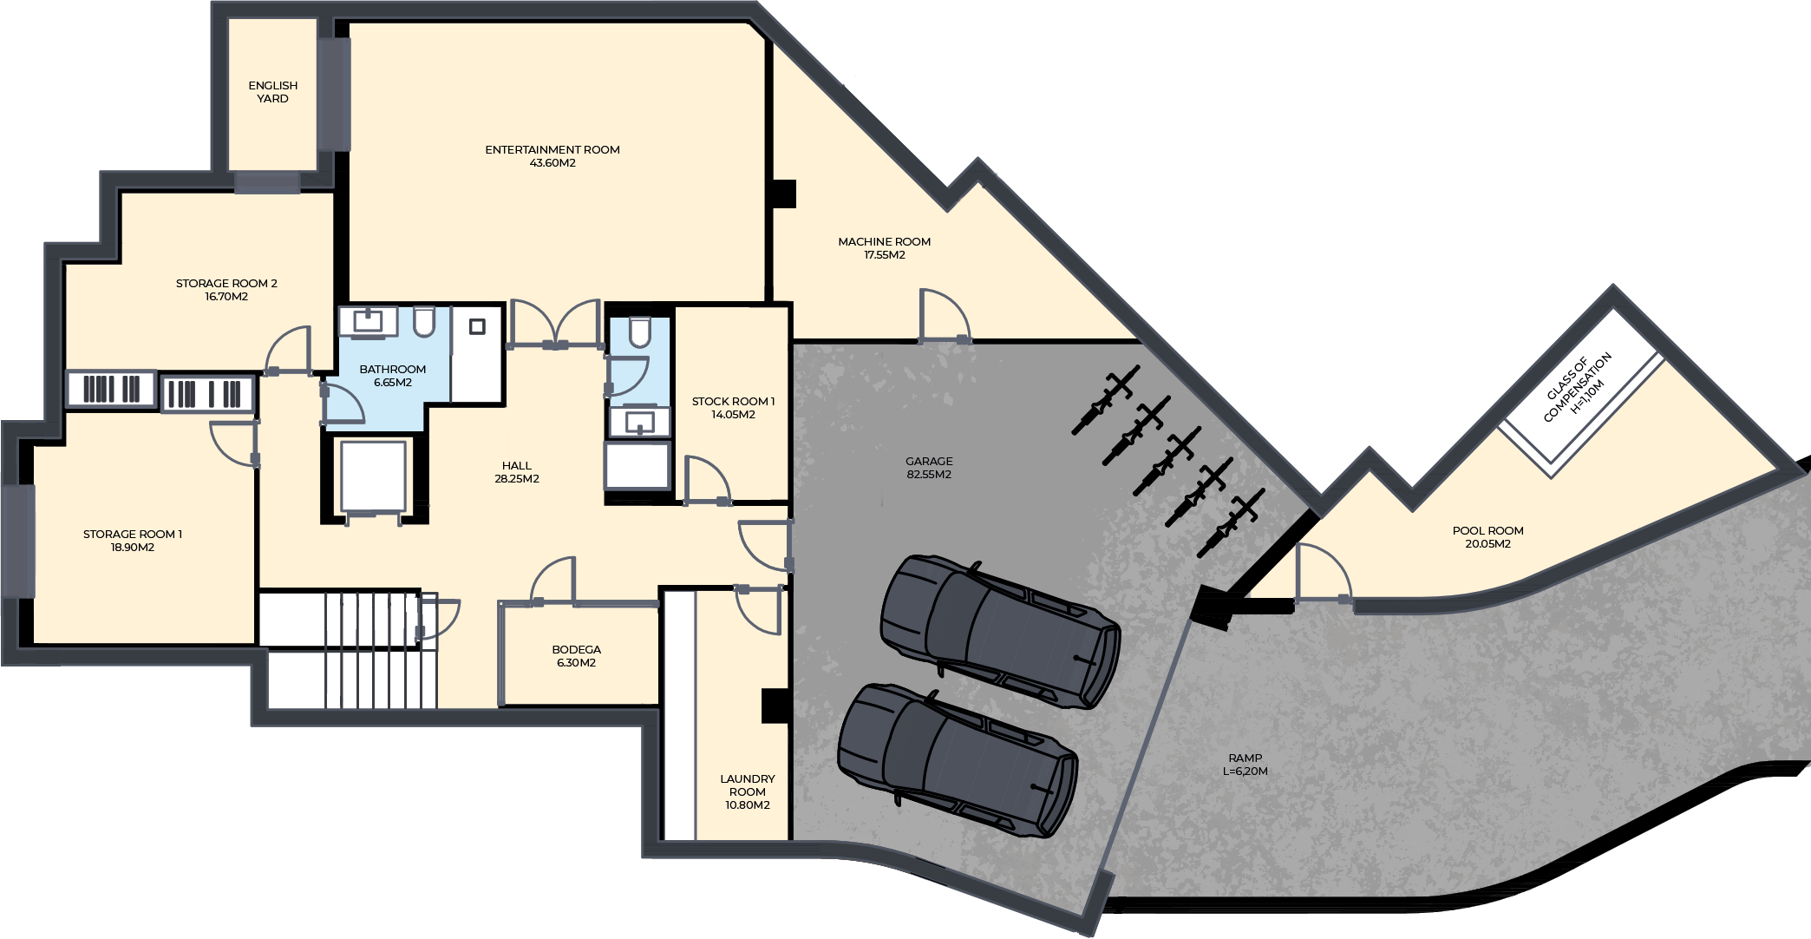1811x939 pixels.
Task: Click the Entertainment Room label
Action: pos(552,156)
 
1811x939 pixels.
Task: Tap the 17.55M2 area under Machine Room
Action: pos(885,255)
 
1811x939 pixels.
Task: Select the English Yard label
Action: pos(273,92)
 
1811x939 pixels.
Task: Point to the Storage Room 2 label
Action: pos(226,290)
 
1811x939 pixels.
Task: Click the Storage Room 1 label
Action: pos(133,541)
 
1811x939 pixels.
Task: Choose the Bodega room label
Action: pos(577,656)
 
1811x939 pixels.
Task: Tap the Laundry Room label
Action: pos(748,791)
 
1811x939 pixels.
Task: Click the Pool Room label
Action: pos(1488,537)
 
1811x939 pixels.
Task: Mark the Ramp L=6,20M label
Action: pos(1245,765)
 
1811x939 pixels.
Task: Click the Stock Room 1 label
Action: pos(734,408)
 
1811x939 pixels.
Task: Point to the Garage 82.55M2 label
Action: pos(929,468)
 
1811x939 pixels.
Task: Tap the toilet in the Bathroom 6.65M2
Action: pos(424,321)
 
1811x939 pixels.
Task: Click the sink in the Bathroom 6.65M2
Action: pos(368,320)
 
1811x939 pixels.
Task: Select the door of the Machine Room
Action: pos(945,315)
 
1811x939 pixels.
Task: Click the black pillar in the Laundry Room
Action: pos(775,706)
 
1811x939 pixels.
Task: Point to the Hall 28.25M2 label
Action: pos(517,472)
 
